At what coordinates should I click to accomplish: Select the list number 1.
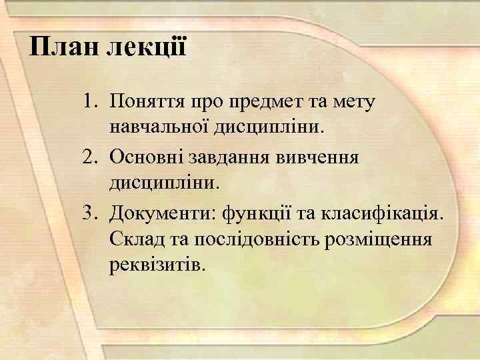(90, 102)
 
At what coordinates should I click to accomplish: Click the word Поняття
(148, 102)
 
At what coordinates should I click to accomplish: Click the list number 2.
(90, 157)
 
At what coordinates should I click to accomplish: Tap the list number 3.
(90, 213)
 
